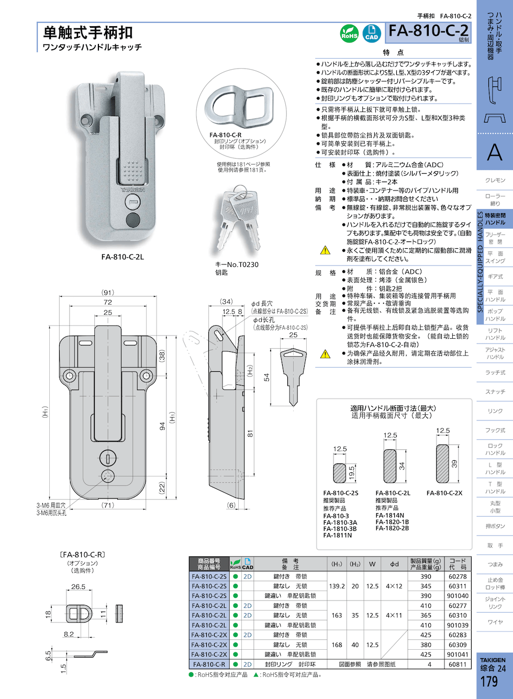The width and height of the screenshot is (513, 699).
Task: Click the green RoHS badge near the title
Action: pos(349,33)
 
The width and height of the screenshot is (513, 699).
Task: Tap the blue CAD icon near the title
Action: pos(372,33)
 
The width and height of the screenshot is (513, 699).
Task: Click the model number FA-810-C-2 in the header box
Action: pos(428,31)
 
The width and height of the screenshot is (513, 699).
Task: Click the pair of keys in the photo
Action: pos(237,220)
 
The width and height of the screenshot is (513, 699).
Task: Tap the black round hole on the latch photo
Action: pos(133,219)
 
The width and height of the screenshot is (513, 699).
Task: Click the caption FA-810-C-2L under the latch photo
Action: pos(122,257)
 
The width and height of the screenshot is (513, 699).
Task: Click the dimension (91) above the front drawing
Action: pos(108,293)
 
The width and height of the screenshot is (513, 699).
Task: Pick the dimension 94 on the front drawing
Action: pos(162,426)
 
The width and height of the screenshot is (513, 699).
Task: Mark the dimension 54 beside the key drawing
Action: pos(266,378)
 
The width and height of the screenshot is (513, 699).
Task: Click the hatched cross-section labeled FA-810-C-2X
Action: pos(442,463)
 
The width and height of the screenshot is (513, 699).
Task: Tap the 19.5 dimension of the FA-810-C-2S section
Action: pos(352,471)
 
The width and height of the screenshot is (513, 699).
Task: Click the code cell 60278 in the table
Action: pos(457,576)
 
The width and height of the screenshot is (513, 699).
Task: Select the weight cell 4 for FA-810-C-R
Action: pos(429,664)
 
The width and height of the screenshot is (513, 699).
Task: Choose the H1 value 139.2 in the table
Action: pos(337,586)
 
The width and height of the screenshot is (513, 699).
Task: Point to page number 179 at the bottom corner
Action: pos(489,682)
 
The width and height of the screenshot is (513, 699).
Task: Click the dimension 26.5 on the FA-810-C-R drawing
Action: pos(78,586)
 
